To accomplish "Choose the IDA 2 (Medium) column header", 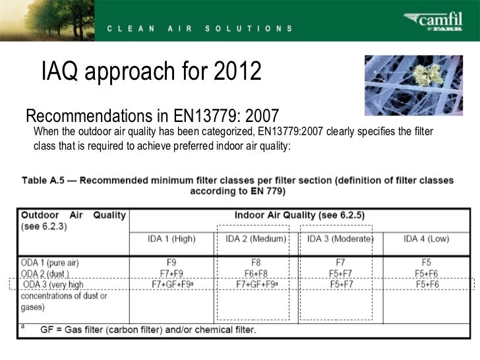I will (256, 239).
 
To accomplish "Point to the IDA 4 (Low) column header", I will (427, 239).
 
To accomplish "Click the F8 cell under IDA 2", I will (256, 262).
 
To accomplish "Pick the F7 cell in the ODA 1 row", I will (340, 262).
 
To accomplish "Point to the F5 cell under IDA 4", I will (427, 262).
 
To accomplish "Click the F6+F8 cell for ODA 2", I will (256, 273).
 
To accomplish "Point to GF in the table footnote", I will (47, 329).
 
